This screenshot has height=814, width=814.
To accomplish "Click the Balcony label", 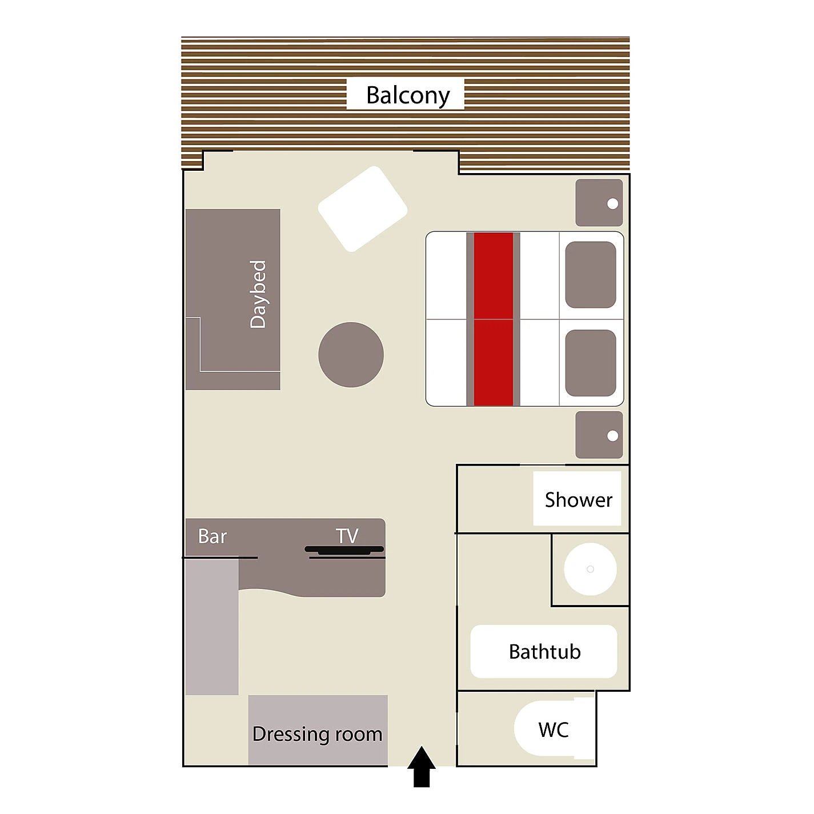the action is (408, 95).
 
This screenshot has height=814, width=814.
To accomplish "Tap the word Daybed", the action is (258, 294).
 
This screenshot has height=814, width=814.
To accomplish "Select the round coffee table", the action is (351, 355).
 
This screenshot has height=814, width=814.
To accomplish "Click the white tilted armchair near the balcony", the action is (362, 209).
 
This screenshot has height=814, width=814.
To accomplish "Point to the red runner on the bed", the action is (494, 319).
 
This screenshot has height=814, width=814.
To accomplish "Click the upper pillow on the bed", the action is (591, 275).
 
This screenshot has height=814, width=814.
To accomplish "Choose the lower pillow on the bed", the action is (591, 363).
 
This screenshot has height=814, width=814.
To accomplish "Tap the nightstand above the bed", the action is (599, 203).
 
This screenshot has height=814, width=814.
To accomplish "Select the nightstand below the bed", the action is (599, 435).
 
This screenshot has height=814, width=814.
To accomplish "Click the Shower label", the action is (578, 500).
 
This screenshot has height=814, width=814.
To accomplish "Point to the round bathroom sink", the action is (590, 569).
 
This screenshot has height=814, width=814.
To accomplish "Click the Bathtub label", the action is (544, 651).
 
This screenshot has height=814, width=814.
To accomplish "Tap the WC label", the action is (554, 730).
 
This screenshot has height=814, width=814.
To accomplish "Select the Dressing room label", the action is (317, 735).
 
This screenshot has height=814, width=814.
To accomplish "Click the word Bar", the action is (212, 536).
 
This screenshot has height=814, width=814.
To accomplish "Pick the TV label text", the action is (347, 536).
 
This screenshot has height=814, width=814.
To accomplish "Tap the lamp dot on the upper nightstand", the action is (612, 203).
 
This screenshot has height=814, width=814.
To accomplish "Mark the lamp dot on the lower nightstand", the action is (612, 435).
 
